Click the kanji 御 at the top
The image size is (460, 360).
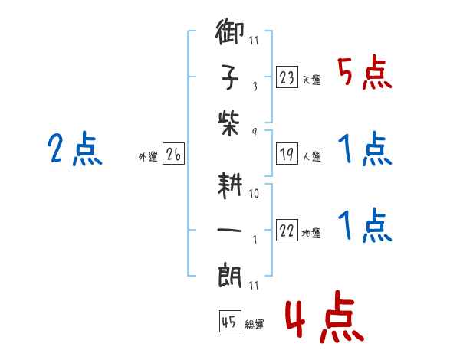[230, 31]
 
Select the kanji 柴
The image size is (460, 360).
[228, 123]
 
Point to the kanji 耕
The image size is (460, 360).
[230, 185]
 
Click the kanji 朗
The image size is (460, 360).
[230, 276]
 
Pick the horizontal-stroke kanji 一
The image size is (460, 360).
[229, 230]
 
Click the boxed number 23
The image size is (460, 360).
[287, 77]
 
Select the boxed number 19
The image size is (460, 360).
[287, 154]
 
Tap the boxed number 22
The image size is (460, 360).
[287, 230]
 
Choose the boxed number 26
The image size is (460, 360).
[173, 154]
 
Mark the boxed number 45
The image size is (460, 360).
[230, 321]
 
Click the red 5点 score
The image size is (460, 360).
[365, 73]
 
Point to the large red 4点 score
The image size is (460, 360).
[324, 317]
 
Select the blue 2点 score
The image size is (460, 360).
[75, 149]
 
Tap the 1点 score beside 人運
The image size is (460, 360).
[365, 149]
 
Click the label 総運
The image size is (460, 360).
[255, 324]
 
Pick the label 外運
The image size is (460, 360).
[148, 157]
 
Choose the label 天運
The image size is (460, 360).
[312, 80]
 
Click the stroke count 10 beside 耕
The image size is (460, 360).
[254, 194]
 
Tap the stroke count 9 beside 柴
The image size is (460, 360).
[255, 133]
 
